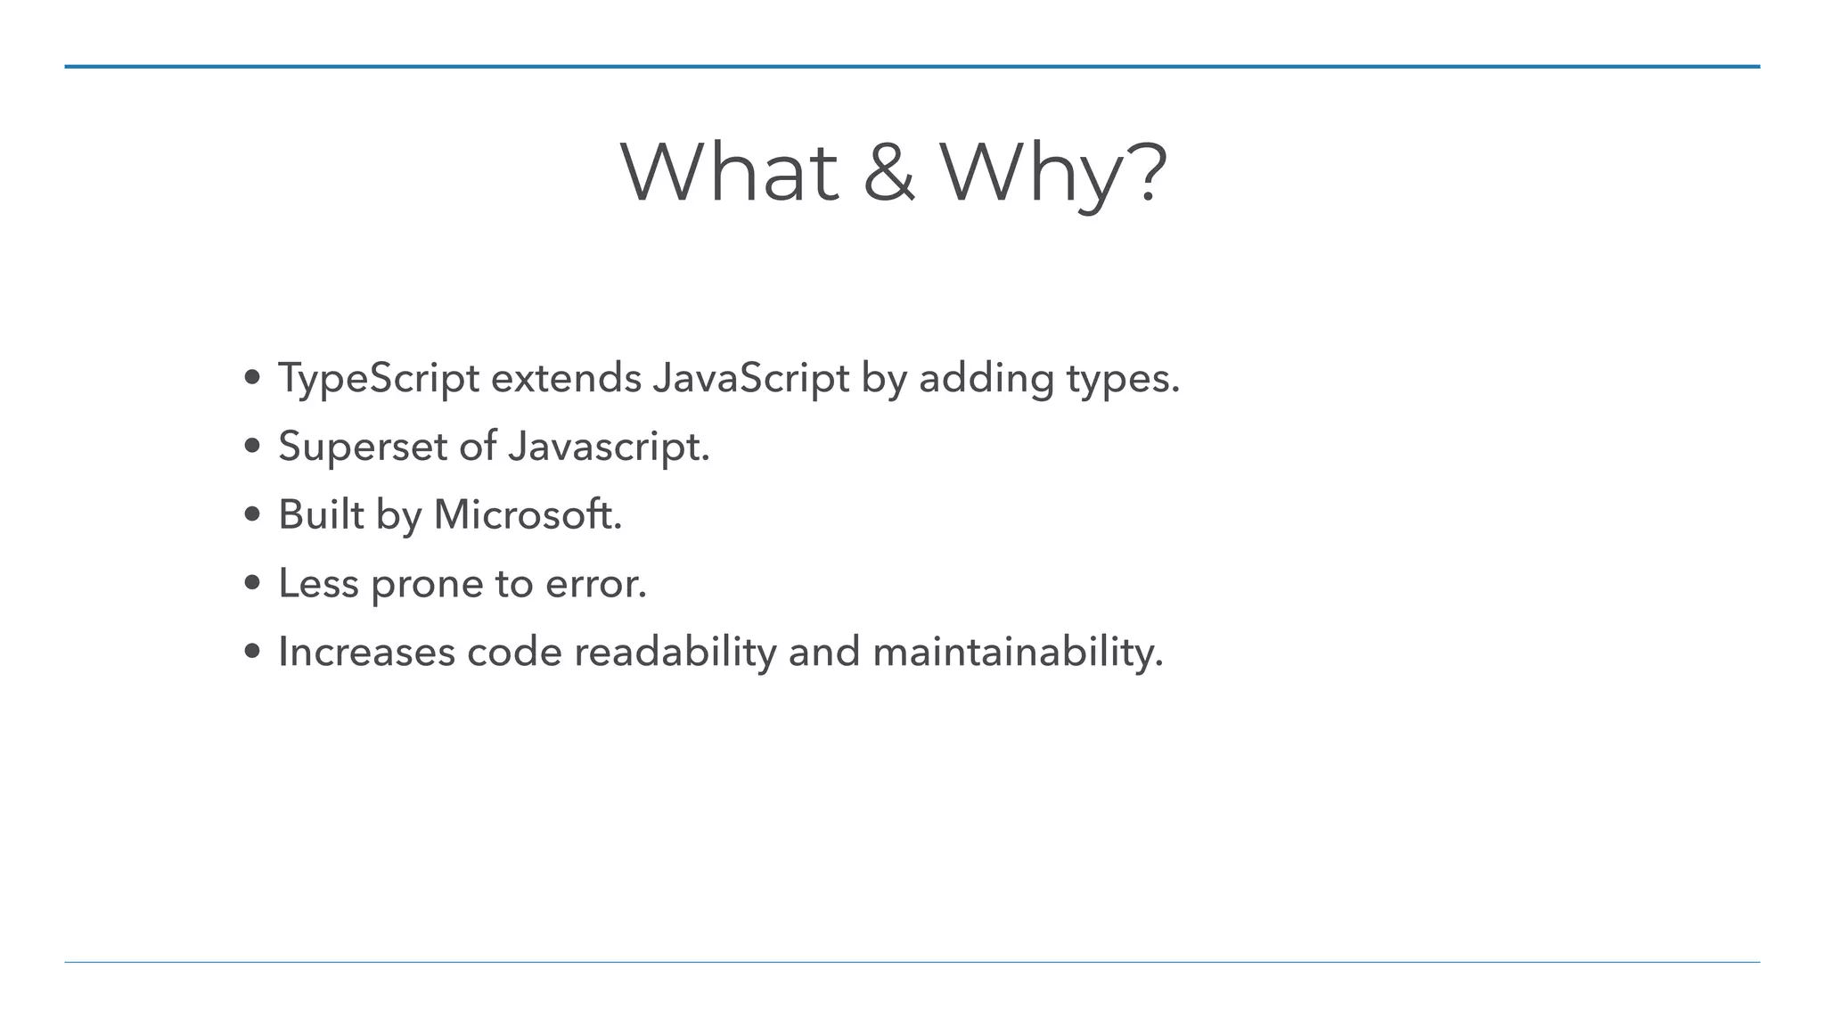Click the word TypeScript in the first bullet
click(x=379, y=378)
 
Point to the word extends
click(x=566, y=378)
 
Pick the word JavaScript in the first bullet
click(x=750, y=378)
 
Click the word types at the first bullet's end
click(x=1123, y=378)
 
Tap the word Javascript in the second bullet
click(x=609, y=446)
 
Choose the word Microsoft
click(x=528, y=514)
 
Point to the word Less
click(x=318, y=583)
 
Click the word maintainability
click(x=1018, y=652)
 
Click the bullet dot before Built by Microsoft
click(x=252, y=514)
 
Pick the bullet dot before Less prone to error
click(x=252, y=583)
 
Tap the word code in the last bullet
click(x=514, y=652)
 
